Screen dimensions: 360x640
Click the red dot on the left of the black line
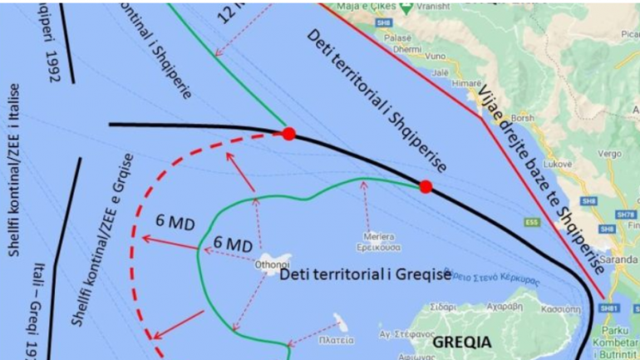point(288,134)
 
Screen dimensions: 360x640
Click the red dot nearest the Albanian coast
point(426,187)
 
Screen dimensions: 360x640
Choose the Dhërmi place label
point(404,48)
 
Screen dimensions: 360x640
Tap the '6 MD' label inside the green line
point(233,245)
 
